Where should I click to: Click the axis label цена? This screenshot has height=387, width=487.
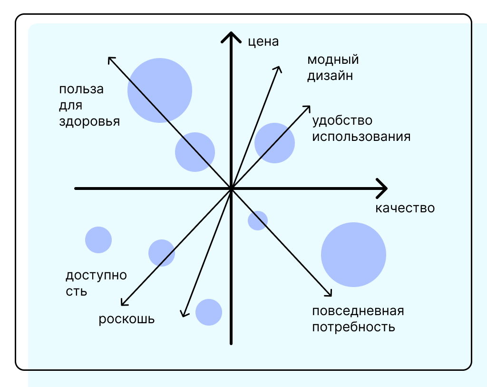click(263, 42)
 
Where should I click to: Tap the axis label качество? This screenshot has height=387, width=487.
click(405, 208)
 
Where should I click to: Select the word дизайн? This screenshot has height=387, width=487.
click(330, 76)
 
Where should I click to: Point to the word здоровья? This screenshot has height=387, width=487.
click(89, 121)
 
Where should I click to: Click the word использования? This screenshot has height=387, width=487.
click(361, 137)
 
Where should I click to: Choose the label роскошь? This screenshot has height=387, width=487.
click(127, 319)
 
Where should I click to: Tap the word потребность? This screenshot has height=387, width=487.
click(353, 327)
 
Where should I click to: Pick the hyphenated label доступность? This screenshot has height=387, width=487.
click(96, 283)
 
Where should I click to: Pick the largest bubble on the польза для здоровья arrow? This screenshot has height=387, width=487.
click(160, 90)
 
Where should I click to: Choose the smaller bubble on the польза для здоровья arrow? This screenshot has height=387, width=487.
click(195, 152)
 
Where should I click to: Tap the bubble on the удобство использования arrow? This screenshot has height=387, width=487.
click(274, 143)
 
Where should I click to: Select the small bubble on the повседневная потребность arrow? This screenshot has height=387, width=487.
click(258, 220)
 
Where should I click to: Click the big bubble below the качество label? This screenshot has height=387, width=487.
click(353, 254)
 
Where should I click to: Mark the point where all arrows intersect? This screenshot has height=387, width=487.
click(231, 189)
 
